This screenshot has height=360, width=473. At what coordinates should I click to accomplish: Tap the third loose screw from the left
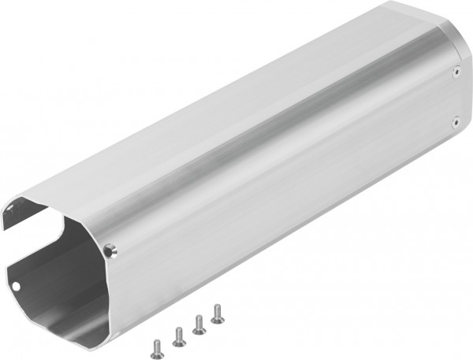(198, 322)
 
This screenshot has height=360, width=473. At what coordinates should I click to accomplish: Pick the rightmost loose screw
(215, 312)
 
